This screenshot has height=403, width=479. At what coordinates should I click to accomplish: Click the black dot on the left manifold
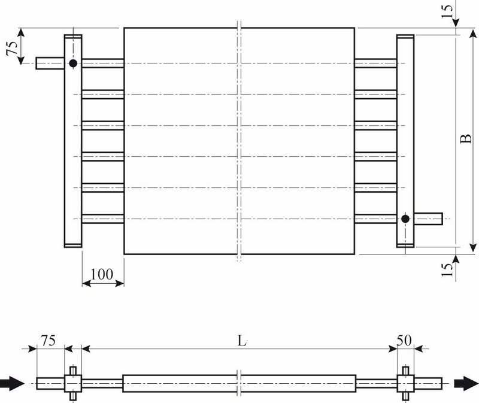73,63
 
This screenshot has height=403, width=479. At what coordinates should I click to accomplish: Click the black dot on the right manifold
405,219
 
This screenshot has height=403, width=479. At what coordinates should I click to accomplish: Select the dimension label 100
102,274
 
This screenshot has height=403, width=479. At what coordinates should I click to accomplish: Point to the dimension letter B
466,138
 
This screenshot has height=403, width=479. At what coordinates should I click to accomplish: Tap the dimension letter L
242,340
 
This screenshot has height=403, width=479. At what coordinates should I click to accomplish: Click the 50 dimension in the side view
404,340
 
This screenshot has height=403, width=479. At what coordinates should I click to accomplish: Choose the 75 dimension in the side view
48,340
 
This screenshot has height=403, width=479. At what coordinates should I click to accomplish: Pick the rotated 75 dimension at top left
12,48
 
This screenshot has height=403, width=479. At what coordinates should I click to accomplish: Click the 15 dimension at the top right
447,11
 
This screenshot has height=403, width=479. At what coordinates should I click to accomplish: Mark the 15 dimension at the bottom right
447,269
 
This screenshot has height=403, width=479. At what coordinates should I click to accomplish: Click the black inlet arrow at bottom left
11,383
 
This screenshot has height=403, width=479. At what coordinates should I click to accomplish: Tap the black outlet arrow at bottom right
466,383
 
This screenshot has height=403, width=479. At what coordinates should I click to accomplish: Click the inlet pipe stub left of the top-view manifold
50,63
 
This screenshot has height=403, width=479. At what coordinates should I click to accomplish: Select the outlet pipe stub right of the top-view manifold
428,219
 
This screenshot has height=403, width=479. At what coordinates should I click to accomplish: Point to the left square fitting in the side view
73,383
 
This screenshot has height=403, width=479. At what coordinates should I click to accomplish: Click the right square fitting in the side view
405,383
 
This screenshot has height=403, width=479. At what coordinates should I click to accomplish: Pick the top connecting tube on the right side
376,63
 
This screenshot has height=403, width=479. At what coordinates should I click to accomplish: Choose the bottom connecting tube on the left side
103,219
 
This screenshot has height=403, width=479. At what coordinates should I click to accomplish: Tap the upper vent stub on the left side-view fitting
73,370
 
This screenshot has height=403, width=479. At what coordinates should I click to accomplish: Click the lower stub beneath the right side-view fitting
405,396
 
